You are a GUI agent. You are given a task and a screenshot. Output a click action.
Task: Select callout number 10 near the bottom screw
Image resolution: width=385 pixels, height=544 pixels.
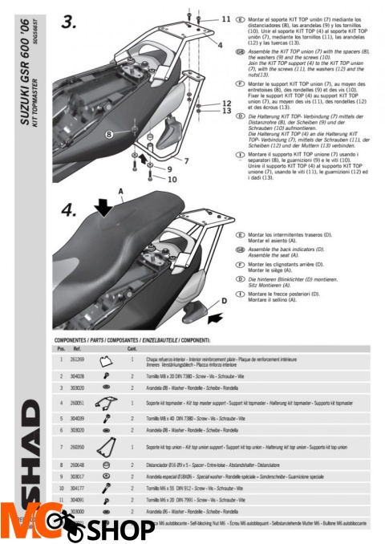pyautogui.click(x=171, y=181)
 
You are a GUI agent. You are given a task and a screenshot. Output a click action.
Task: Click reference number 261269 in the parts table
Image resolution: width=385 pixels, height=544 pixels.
pyautogui.click(x=78, y=360)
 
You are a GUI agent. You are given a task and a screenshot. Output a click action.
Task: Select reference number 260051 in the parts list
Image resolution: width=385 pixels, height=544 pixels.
pyautogui.click(x=78, y=403)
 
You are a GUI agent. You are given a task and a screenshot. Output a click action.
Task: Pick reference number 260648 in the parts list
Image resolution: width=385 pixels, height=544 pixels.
pyautogui.click(x=78, y=465)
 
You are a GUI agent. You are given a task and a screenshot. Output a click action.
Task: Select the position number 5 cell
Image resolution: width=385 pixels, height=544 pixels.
pyautogui.click(x=61, y=419)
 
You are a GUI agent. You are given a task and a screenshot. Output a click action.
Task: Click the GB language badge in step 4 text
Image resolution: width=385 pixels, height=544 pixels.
pyautogui.click(x=241, y=250)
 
